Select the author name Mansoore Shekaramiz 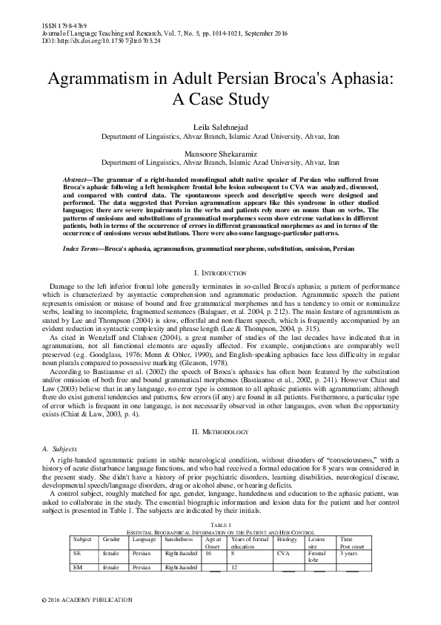pos(220,152)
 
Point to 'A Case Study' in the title pos(220,98)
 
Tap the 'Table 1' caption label pos(220,525)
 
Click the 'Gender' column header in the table pos(111,538)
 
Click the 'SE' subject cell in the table pos(76,553)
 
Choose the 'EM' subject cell pos(77,569)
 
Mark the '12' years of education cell pos(234,569)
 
